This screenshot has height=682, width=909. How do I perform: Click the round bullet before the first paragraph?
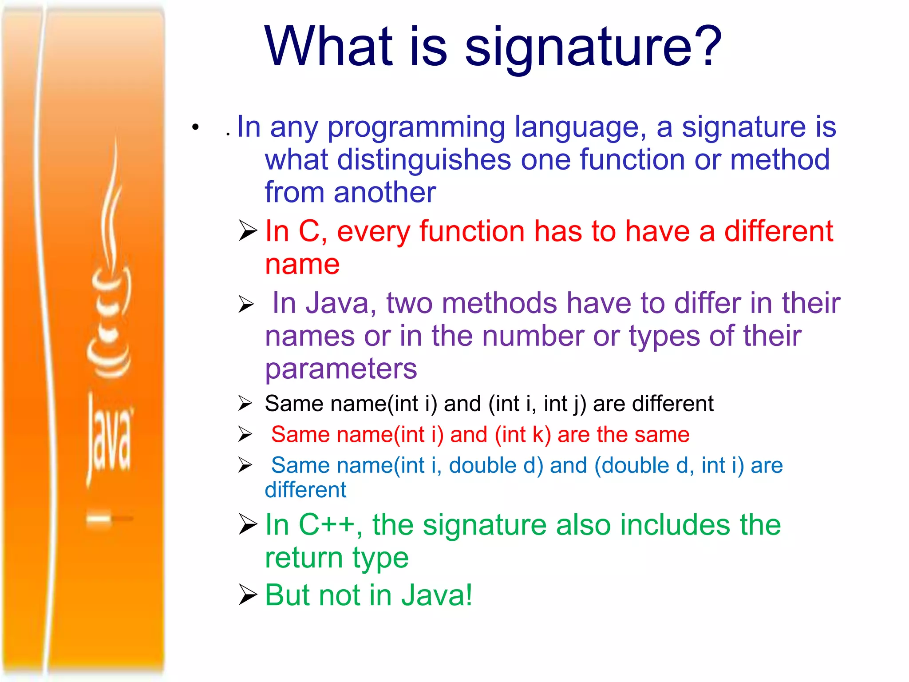195,128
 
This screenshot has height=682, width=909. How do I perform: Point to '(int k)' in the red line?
523,435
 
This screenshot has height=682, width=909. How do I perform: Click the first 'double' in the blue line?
482,466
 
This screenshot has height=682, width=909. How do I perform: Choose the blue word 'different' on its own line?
305,490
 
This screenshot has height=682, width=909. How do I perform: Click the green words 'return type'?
336,558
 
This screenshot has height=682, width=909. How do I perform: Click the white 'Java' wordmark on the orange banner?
109,437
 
